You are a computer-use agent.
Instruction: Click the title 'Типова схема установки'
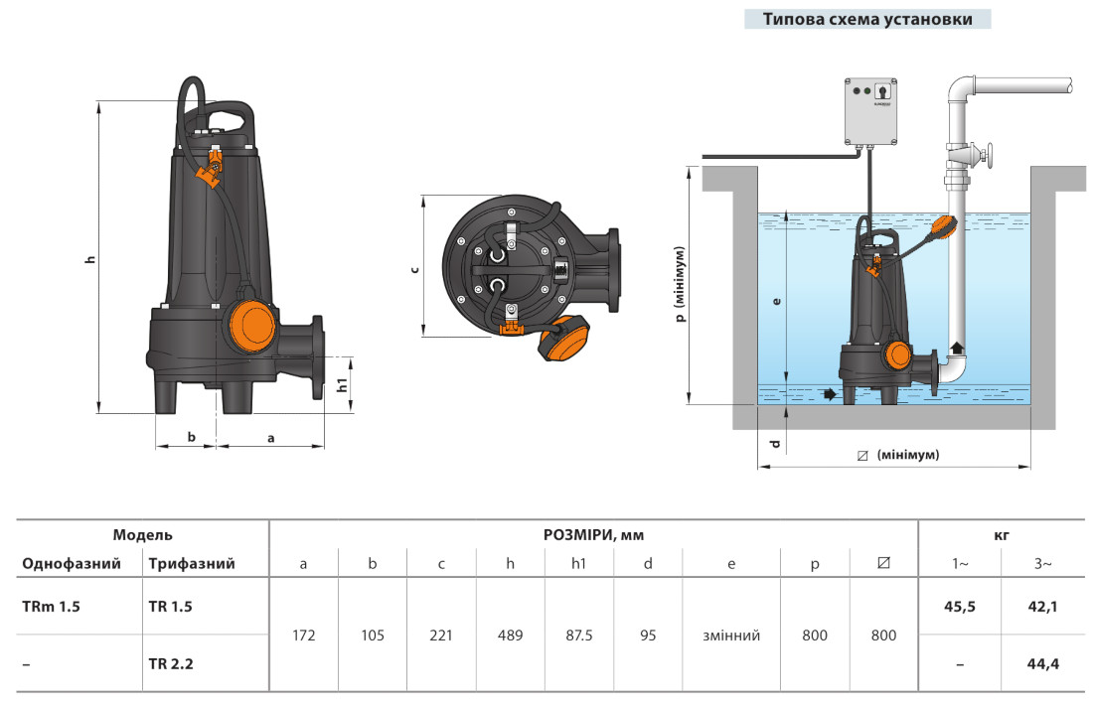coord(866,19)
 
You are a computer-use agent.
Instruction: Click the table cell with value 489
coord(510,636)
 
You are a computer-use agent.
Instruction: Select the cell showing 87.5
coord(578,636)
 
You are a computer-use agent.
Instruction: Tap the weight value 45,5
coord(960,606)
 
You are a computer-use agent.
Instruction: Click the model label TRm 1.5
coord(51,606)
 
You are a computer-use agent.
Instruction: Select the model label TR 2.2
coord(170,663)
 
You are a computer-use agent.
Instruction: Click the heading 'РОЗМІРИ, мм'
coord(592,534)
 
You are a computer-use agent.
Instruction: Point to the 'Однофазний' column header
coord(72,564)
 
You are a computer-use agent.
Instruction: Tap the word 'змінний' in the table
coord(730,636)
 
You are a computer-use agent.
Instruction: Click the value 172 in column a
coord(304,636)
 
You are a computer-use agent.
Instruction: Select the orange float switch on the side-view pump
coord(247,326)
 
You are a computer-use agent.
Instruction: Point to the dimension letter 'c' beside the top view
coord(413,269)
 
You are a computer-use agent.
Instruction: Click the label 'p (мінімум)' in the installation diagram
coord(679,285)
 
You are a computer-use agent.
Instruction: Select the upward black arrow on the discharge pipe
coord(957,349)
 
